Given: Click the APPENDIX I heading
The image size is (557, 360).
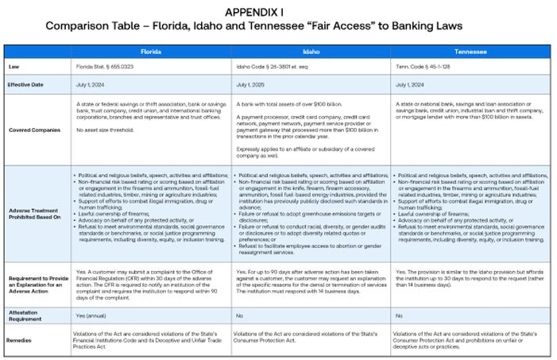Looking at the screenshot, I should pos(254,12).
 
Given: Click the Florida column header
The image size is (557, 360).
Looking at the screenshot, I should pos(152,49).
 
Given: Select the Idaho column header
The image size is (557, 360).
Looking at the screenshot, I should pos(311,49).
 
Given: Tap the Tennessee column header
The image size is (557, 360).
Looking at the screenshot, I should pos(470,49).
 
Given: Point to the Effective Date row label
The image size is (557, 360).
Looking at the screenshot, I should pos(25,83).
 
